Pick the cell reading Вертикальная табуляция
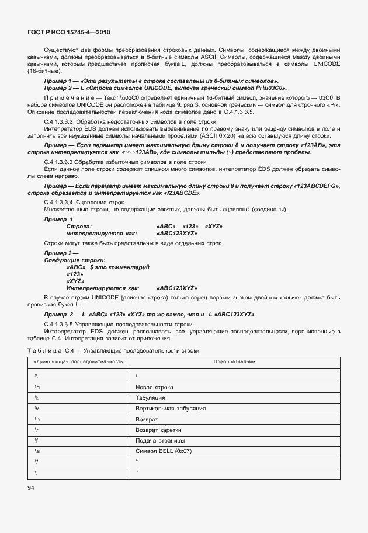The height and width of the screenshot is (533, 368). tap(170, 408)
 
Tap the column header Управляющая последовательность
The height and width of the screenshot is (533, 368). tap(78, 362)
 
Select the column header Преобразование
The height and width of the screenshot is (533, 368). tap(233, 362)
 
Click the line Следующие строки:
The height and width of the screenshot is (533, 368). tap(75, 260)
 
